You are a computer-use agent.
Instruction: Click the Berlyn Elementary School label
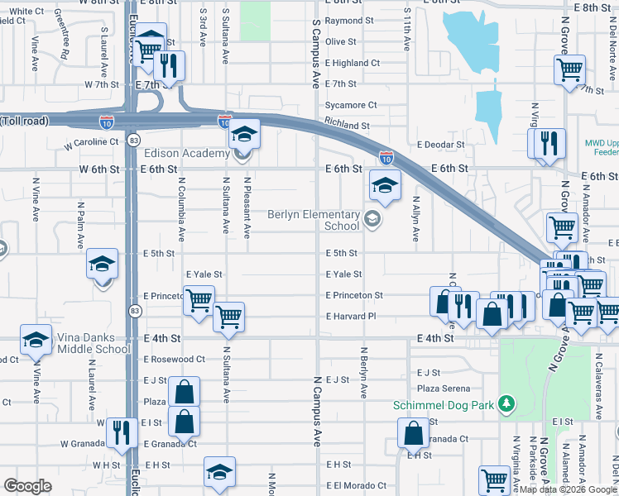click(314, 220)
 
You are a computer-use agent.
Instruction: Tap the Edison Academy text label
click(186, 154)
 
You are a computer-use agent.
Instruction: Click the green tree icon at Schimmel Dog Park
click(505, 405)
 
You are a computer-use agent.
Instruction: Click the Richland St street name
click(348, 126)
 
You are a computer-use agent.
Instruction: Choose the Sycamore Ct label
click(351, 105)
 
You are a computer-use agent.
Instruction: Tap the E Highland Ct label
click(353, 63)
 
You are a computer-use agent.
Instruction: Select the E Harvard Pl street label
click(351, 317)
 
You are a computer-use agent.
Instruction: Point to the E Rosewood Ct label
click(174, 360)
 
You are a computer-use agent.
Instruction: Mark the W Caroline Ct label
click(92, 142)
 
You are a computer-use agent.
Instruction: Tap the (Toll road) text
click(25, 121)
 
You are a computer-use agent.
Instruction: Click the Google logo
click(27, 486)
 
